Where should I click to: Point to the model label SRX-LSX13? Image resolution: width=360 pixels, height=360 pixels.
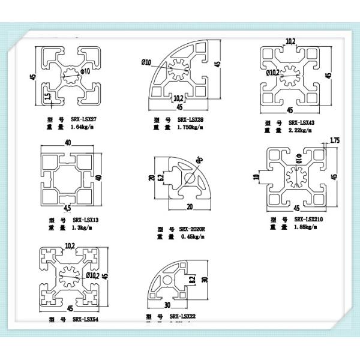click(85, 220)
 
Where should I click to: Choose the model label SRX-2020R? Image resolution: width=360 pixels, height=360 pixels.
click(194, 230)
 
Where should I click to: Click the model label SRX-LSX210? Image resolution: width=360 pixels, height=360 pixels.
click(308, 220)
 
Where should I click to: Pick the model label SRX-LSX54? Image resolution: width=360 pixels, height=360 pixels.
click(85, 319)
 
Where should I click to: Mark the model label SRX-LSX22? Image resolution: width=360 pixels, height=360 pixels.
click(184, 316)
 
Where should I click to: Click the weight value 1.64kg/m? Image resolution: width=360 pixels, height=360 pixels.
click(83, 127)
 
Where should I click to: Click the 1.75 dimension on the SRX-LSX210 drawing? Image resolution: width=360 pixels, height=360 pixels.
click(335, 140)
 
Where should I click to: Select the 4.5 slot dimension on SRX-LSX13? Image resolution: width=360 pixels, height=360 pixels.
click(67, 208)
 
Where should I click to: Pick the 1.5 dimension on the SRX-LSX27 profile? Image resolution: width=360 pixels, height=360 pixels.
click(47, 96)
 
